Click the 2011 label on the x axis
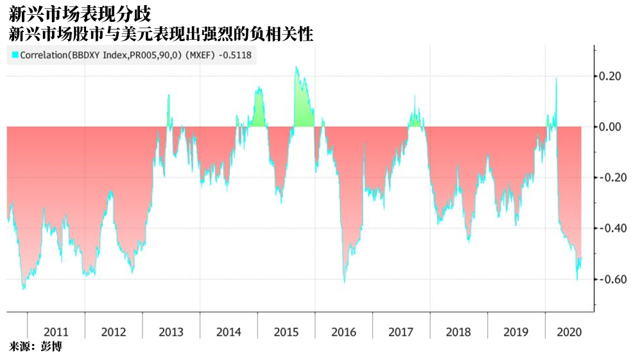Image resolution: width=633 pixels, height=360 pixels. [56, 332]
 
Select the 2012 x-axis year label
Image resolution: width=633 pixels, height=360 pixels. [114, 332]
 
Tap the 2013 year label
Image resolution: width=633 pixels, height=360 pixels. [171, 332]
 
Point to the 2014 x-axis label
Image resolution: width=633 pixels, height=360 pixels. [229, 332]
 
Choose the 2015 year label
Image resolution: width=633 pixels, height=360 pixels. [286, 332]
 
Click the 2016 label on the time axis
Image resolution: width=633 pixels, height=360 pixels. [343, 332]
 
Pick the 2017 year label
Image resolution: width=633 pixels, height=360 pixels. [401, 332]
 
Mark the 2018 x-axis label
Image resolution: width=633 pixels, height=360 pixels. [458, 332]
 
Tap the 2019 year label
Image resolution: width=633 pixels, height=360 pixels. [516, 332]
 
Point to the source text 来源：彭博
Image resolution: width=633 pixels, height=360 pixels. [35, 347]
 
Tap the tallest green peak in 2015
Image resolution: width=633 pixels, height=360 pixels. [297, 67]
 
